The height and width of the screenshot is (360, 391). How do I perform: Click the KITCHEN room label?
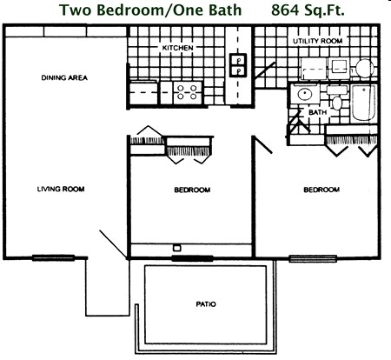178,47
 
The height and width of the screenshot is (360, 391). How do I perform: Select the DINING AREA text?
64,78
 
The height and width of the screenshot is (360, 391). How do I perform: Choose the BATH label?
317,112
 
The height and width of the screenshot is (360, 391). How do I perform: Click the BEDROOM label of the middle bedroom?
191,190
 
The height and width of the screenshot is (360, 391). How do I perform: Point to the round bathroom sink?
304,95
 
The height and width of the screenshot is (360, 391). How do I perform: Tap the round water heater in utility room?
363,67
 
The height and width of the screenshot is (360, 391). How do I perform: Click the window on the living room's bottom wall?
48,257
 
